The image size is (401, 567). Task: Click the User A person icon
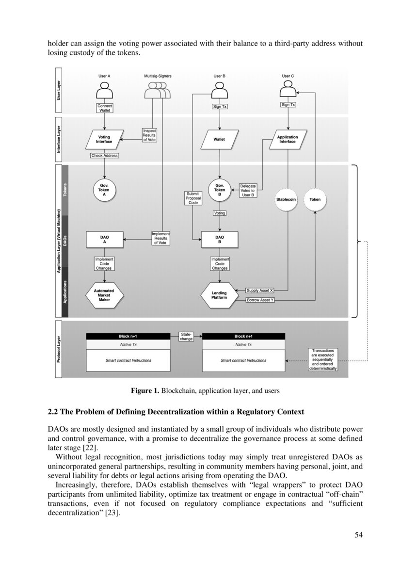[x=104, y=91]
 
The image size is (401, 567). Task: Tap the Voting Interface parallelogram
[x=104, y=139]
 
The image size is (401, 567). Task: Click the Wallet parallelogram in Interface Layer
[x=219, y=139]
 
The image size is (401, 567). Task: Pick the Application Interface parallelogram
[x=288, y=139]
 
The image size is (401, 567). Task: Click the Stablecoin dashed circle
[x=286, y=199]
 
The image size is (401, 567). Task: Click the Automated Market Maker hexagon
[x=104, y=296]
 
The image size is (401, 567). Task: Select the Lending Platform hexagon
[x=219, y=296]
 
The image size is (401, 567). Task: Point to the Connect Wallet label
[x=105, y=108]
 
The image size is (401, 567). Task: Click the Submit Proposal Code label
[x=193, y=198]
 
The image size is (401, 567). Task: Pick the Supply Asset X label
[x=260, y=290]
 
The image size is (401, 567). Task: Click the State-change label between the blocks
[x=186, y=337]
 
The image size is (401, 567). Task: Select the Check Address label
[x=104, y=156]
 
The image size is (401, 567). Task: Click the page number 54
[x=358, y=535]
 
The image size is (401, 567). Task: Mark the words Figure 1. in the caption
[x=145, y=390]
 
